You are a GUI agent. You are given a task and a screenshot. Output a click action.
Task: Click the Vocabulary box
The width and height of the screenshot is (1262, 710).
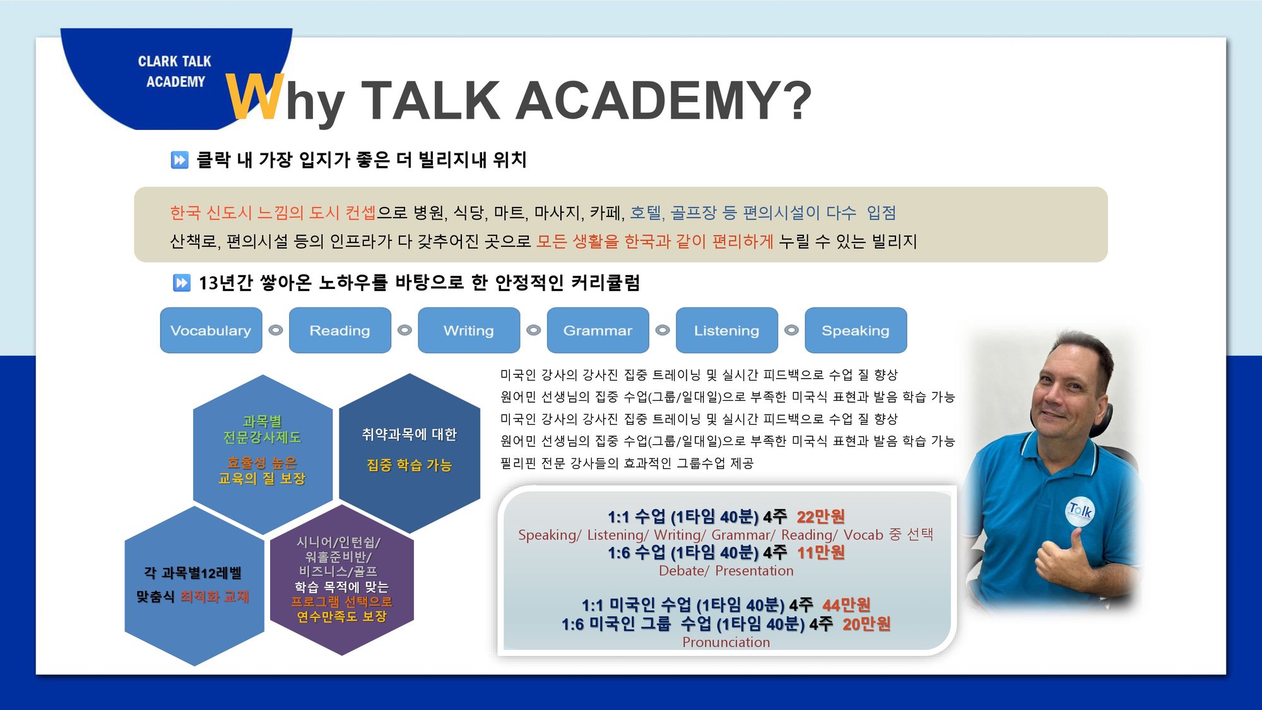[211, 330]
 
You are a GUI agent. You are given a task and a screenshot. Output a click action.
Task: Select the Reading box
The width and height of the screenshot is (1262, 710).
[340, 330]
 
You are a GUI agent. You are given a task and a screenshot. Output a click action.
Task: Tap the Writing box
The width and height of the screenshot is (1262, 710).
[469, 330]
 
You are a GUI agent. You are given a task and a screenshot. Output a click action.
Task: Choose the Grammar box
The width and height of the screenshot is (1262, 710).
[598, 330]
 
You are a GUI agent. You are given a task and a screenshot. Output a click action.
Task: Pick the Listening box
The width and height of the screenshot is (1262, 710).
[727, 330]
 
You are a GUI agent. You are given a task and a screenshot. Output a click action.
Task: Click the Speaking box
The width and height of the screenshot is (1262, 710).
[856, 330]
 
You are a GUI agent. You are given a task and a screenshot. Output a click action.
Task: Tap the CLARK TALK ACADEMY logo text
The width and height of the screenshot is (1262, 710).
[175, 71]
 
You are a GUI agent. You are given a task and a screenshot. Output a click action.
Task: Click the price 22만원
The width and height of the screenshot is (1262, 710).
[820, 517]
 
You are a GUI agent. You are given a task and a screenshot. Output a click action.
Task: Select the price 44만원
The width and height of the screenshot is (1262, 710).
[846, 605]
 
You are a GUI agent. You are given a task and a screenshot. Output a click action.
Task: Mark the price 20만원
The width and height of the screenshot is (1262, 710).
[866, 624]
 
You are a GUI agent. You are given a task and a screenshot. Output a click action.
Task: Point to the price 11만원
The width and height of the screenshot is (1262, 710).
[820, 553]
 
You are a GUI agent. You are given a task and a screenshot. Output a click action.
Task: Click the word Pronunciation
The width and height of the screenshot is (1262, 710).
[726, 642]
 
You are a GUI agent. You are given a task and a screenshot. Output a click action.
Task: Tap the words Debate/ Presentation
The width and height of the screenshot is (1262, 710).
[726, 571]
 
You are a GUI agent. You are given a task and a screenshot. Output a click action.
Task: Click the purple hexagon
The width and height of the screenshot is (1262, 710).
[341, 580]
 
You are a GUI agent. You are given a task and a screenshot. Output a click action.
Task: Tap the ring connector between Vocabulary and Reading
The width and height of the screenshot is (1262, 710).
[276, 330]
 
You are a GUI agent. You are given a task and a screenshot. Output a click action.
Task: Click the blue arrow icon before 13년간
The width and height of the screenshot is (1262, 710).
[182, 283]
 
